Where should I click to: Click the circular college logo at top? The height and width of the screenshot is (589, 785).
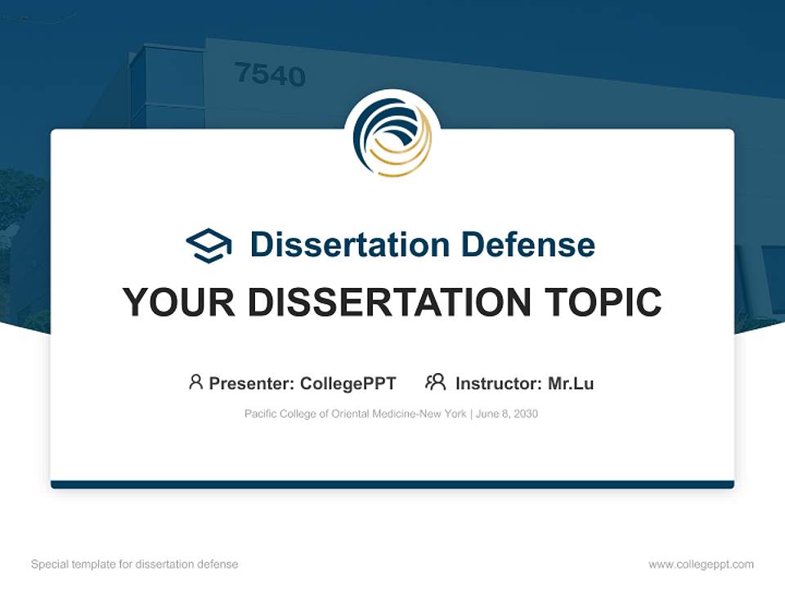[x=392, y=137]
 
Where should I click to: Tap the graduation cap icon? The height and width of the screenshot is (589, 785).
[x=209, y=245]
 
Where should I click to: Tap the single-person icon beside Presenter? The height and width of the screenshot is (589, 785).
[x=195, y=382]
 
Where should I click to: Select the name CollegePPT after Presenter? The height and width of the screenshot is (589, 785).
[x=348, y=383]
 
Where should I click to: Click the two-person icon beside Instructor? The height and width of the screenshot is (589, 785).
[x=436, y=382]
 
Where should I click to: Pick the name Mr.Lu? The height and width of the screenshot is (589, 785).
[x=571, y=383]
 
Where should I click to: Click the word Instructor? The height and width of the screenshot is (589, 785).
[x=499, y=383]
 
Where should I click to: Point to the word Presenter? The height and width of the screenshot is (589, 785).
[x=252, y=383]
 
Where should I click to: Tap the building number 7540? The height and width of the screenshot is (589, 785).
[x=270, y=75]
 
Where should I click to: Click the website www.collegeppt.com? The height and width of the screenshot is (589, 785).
[x=701, y=564]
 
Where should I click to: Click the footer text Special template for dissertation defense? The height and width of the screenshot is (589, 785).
[x=135, y=564]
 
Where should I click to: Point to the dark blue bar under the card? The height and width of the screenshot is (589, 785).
[x=392, y=484]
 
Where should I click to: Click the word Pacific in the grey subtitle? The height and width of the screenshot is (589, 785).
[x=260, y=414]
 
